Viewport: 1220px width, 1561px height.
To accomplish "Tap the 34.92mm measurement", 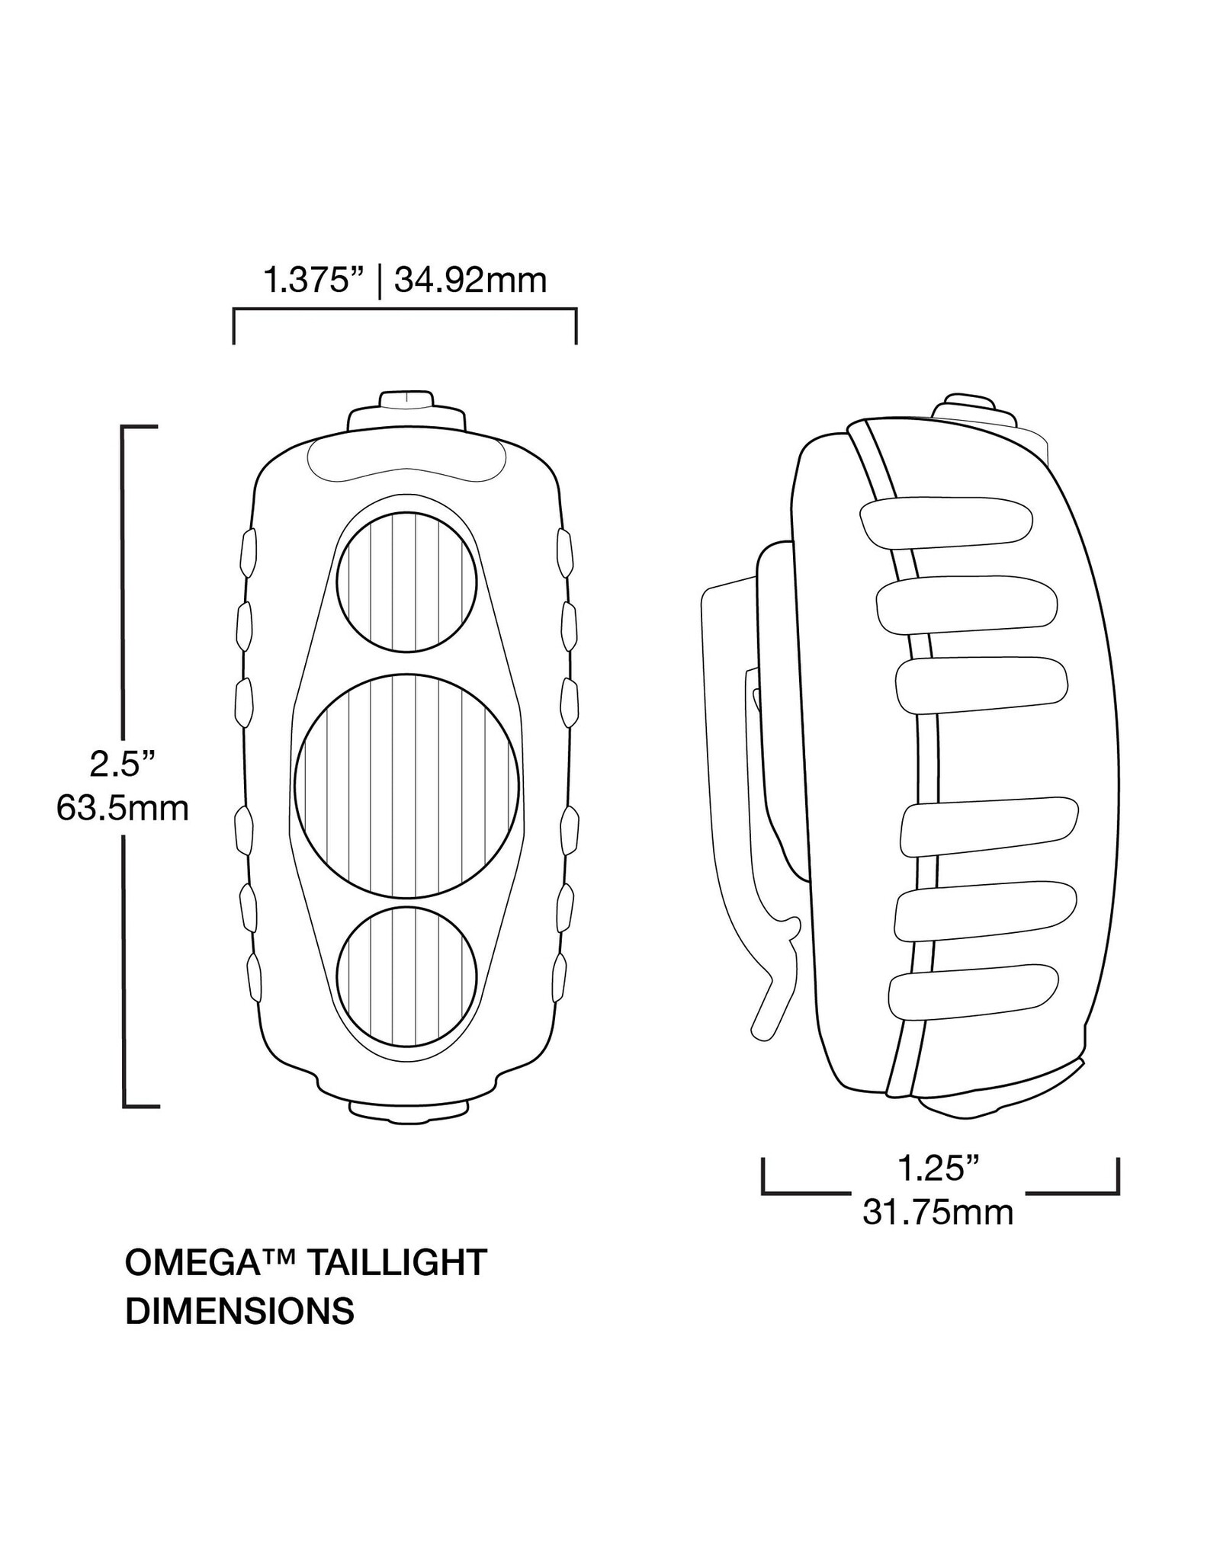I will click(470, 281).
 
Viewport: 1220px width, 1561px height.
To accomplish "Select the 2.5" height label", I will click(122, 764).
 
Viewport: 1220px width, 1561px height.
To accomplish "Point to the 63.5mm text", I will click(122, 809).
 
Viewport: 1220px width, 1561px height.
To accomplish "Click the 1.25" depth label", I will click(938, 1168).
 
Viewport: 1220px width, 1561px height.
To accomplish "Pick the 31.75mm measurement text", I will click(938, 1213).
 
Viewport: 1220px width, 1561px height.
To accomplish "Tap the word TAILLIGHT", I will click(395, 1264).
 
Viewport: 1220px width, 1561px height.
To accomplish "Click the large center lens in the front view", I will click(407, 786).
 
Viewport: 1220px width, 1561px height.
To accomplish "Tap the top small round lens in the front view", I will click(407, 582).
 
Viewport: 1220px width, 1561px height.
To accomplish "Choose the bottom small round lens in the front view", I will click(407, 976).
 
